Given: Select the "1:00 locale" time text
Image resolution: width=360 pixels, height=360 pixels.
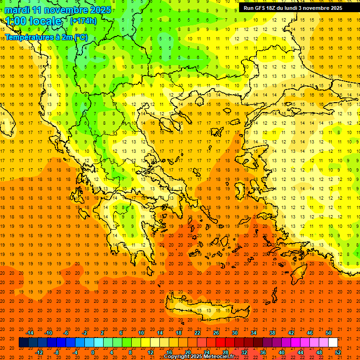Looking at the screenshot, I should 33,22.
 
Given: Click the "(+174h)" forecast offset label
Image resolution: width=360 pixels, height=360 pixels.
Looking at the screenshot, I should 83,21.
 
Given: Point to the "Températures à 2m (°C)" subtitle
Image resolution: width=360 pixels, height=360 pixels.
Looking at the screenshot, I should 46,37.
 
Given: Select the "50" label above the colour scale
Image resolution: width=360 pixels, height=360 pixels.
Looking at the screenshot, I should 329,333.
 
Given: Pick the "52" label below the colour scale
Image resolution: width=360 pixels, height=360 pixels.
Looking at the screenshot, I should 338,352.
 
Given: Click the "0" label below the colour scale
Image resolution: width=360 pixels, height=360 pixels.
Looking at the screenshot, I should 93,352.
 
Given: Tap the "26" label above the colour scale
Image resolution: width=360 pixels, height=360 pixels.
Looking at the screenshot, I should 216,333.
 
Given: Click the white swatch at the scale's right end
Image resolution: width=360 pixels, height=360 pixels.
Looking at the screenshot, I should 333,342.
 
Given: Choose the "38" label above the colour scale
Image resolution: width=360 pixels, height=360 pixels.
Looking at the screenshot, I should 272,333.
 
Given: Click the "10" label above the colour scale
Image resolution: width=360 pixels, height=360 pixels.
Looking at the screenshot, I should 141,333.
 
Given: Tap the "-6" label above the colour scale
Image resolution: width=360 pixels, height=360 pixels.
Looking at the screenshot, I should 66,333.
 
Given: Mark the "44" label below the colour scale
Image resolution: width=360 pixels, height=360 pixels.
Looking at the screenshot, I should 300,352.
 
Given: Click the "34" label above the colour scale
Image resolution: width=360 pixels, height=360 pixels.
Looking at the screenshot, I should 254,333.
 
